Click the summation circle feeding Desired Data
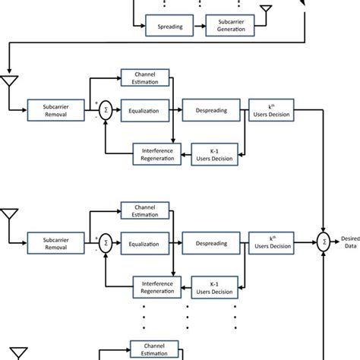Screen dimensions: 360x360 pyautogui.click(x=325, y=242)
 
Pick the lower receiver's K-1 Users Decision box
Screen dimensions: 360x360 pyautogui.click(x=212, y=286)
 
